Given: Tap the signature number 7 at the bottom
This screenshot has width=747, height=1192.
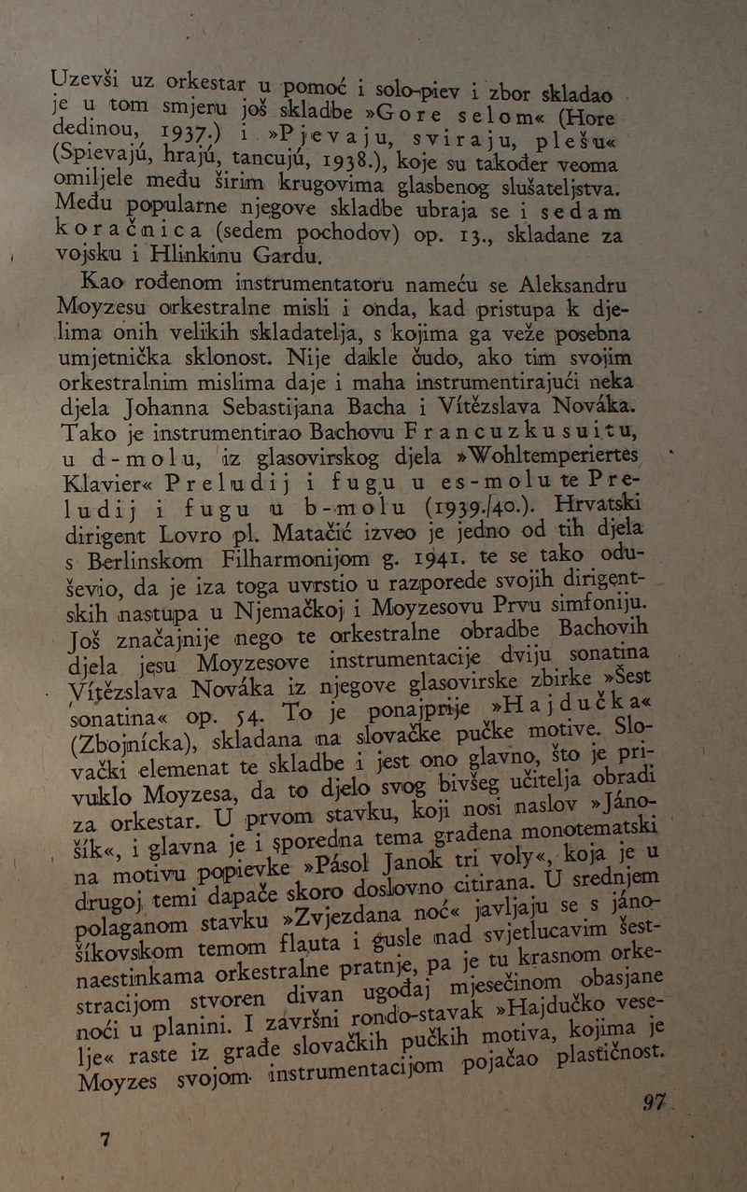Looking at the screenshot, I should pos(105,1139).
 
